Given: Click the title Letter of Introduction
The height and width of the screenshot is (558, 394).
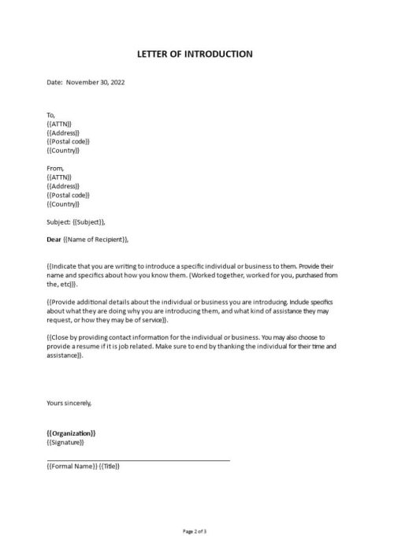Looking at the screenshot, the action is (x=197, y=54).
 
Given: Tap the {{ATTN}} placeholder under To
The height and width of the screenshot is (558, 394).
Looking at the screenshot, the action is (x=59, y=124).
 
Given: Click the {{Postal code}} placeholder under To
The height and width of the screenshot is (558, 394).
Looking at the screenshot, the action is (x=69, y=141).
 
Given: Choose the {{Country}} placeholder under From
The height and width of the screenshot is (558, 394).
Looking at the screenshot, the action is (x=64, y=203).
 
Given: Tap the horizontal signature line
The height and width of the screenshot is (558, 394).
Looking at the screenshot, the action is (x=139, y=459).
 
